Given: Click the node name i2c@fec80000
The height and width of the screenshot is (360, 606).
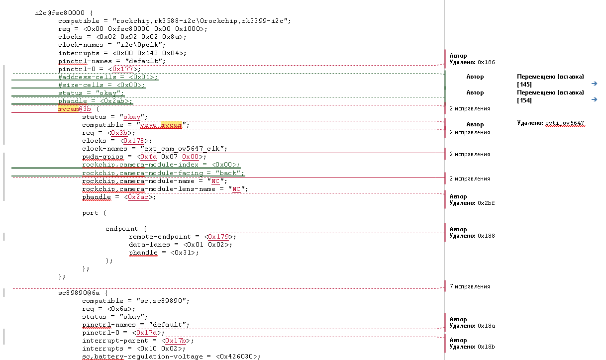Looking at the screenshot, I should click(x=59, y=13).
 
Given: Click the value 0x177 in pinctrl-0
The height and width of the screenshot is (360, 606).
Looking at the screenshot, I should click(x=124, y=69).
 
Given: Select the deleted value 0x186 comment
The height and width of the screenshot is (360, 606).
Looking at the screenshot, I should click(x=486, y=63).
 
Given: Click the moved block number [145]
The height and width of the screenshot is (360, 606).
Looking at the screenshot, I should click(x=524, y=85).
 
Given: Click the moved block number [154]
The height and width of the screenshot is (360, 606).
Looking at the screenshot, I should click(x=524, y=100).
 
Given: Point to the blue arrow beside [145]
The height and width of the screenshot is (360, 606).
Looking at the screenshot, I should click(x=594, y=84).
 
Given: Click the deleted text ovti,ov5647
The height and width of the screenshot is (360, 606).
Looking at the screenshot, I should click(x=565, y=123).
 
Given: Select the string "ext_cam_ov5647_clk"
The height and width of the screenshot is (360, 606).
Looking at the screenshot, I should click(x=184, y=149).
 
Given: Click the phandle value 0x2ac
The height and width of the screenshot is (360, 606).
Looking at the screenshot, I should click(x=138, y=197).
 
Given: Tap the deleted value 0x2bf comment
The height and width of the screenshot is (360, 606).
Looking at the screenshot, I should click(x=486, y=203).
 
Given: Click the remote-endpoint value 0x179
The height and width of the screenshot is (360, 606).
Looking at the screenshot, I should click(x=219, y=237).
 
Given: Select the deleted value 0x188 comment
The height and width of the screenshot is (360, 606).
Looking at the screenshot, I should click(x=486, y=236).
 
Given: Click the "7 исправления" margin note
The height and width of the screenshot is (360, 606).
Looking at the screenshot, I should click(x=469, y=286).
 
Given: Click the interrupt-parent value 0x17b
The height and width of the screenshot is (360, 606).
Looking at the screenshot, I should click(x=177, y=341).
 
